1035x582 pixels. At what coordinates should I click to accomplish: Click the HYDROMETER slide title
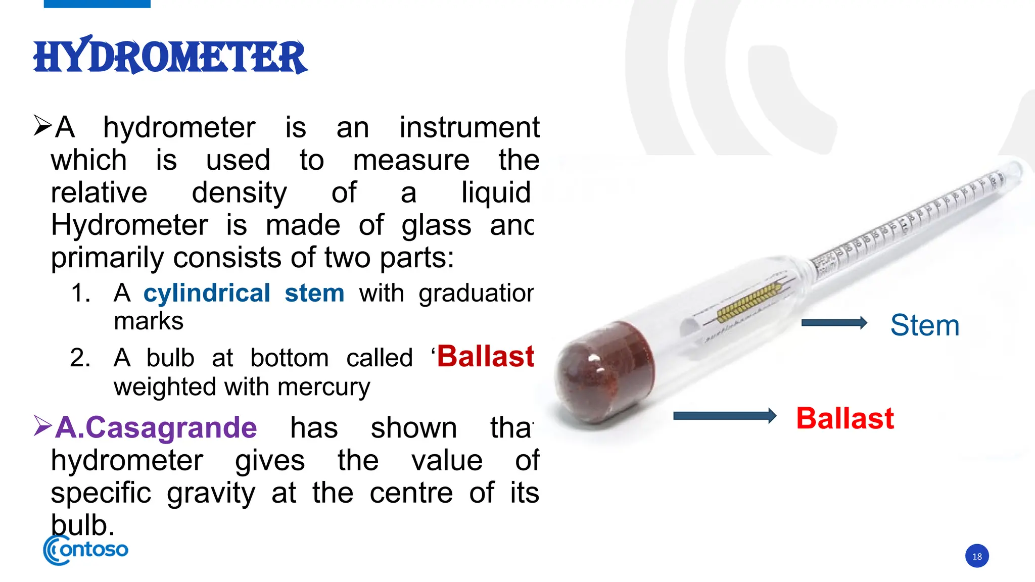[x=170, y=56]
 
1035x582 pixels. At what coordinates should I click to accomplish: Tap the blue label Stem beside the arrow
[x=924, y=325]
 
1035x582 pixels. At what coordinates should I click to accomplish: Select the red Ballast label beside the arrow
[x=845, y=418]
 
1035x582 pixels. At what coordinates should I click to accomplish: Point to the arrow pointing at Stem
[x=834, y=323]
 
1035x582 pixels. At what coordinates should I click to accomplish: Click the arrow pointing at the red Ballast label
[x=725, y=416]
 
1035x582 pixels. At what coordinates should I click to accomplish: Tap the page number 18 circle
[x=977, y=556]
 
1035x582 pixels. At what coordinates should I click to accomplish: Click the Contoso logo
[x=86, y=550]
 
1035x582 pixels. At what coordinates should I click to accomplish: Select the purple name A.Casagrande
[x=156, y=428]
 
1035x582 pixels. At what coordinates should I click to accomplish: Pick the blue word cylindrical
[x=207, y=294]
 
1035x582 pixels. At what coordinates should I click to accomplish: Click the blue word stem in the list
[x=314, y=294]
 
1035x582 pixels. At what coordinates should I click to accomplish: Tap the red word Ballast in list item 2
[x=485, y=357]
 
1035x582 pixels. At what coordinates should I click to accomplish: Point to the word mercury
[x=323, y=387]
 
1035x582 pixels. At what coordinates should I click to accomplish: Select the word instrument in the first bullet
[x=469, y=127]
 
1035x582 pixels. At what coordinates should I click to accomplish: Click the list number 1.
[x=80, y=294]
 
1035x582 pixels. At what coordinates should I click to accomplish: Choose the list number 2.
[x=80, y=358]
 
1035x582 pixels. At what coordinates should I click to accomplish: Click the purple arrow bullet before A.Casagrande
[x=42, y=425]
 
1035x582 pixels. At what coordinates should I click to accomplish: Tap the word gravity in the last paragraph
[x=211, y=494]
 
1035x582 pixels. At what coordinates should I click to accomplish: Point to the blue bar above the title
[x=97, y=4]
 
